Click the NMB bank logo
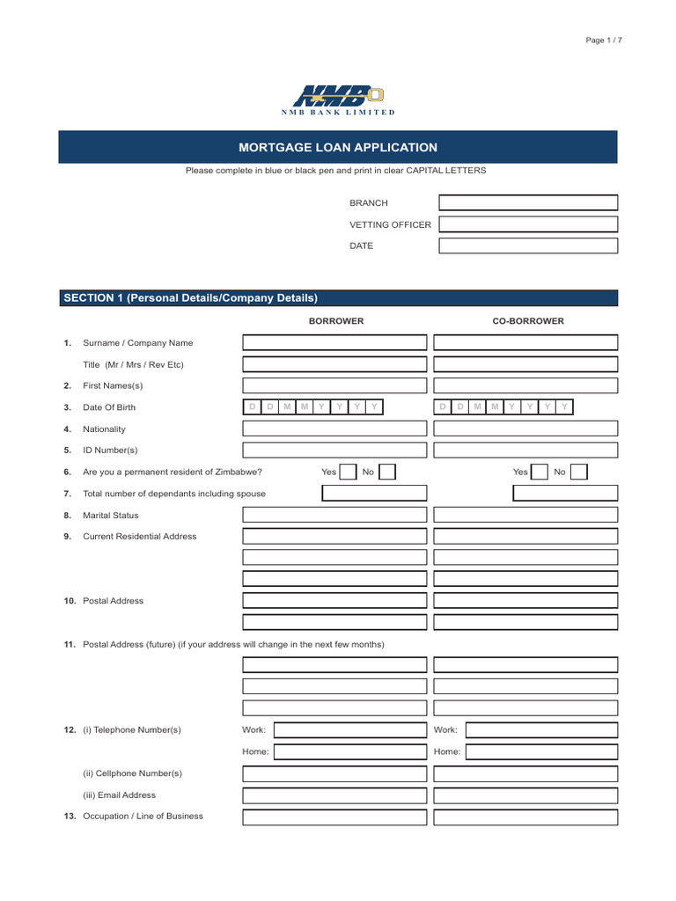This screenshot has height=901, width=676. click(338, 99)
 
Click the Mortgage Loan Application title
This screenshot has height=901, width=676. click(338, 148)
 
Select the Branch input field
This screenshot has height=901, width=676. click(528, 202)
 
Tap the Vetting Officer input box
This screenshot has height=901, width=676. click(528, 224)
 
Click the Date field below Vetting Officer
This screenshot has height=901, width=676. click(528, 245)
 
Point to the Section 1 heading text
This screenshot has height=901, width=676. click(190, 298)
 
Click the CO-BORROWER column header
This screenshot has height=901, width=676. click(528, 321)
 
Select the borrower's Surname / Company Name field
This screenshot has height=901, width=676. click(334, 342)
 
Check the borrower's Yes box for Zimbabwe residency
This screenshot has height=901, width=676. click(349, 472)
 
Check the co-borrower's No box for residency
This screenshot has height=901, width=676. click(578, 472)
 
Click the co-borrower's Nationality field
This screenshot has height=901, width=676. click(525, 429)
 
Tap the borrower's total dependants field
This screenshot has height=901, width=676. click(374, 494)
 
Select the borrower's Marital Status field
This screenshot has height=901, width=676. click(334, 515)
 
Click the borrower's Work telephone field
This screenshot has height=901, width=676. click(350, 730)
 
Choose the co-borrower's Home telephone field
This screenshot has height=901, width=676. click(541, 751)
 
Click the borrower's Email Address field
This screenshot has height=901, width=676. click(334, 795)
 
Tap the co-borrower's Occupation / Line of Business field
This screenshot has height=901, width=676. click(525, 817)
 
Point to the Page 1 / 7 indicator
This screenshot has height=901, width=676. click(604, 41)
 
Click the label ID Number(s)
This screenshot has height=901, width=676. click(110, 450)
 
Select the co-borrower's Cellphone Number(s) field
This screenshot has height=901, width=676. click(525, 773)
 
